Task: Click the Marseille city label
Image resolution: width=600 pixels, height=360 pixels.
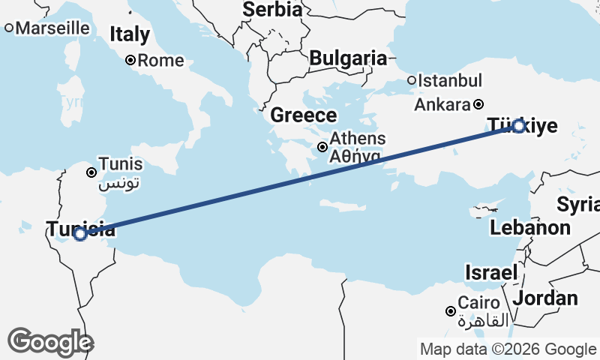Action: coord(52,28)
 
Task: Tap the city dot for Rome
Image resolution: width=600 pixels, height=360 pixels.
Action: coord(130,61)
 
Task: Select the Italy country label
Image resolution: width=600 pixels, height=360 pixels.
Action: coord(130,34)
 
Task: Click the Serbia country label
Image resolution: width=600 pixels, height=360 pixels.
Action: coord(272,10)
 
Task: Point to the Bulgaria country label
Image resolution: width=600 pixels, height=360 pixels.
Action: coord(348,58)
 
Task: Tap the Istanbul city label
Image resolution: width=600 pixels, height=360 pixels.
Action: coord(450,80)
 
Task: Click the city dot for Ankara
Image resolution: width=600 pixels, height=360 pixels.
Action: coord(478,104)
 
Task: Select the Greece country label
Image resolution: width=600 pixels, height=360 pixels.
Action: coord(304,115)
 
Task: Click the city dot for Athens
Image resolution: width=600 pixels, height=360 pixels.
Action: coord(322,147)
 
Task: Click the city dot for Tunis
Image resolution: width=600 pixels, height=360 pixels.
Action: coord(91,172)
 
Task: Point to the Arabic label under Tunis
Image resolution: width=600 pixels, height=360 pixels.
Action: coord(119,182)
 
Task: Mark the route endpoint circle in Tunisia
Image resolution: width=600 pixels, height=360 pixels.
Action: coord(80,234)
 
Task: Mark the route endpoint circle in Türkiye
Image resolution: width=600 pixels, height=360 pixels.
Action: coord(518,126)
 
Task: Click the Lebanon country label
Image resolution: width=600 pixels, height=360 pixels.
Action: coord(530,227)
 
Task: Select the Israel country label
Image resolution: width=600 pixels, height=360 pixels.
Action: coord(491,272)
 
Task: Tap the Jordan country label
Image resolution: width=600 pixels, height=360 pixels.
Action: coord(547,298)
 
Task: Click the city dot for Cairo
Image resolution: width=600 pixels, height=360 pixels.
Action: coord(451,311)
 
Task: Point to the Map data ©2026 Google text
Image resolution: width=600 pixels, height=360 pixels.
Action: coord(508,349)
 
